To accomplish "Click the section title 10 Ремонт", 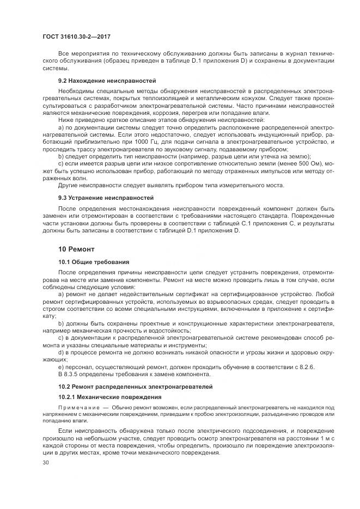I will (76, 249).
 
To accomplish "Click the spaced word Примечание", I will (78, 408).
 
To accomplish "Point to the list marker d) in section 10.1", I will (62, 353).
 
